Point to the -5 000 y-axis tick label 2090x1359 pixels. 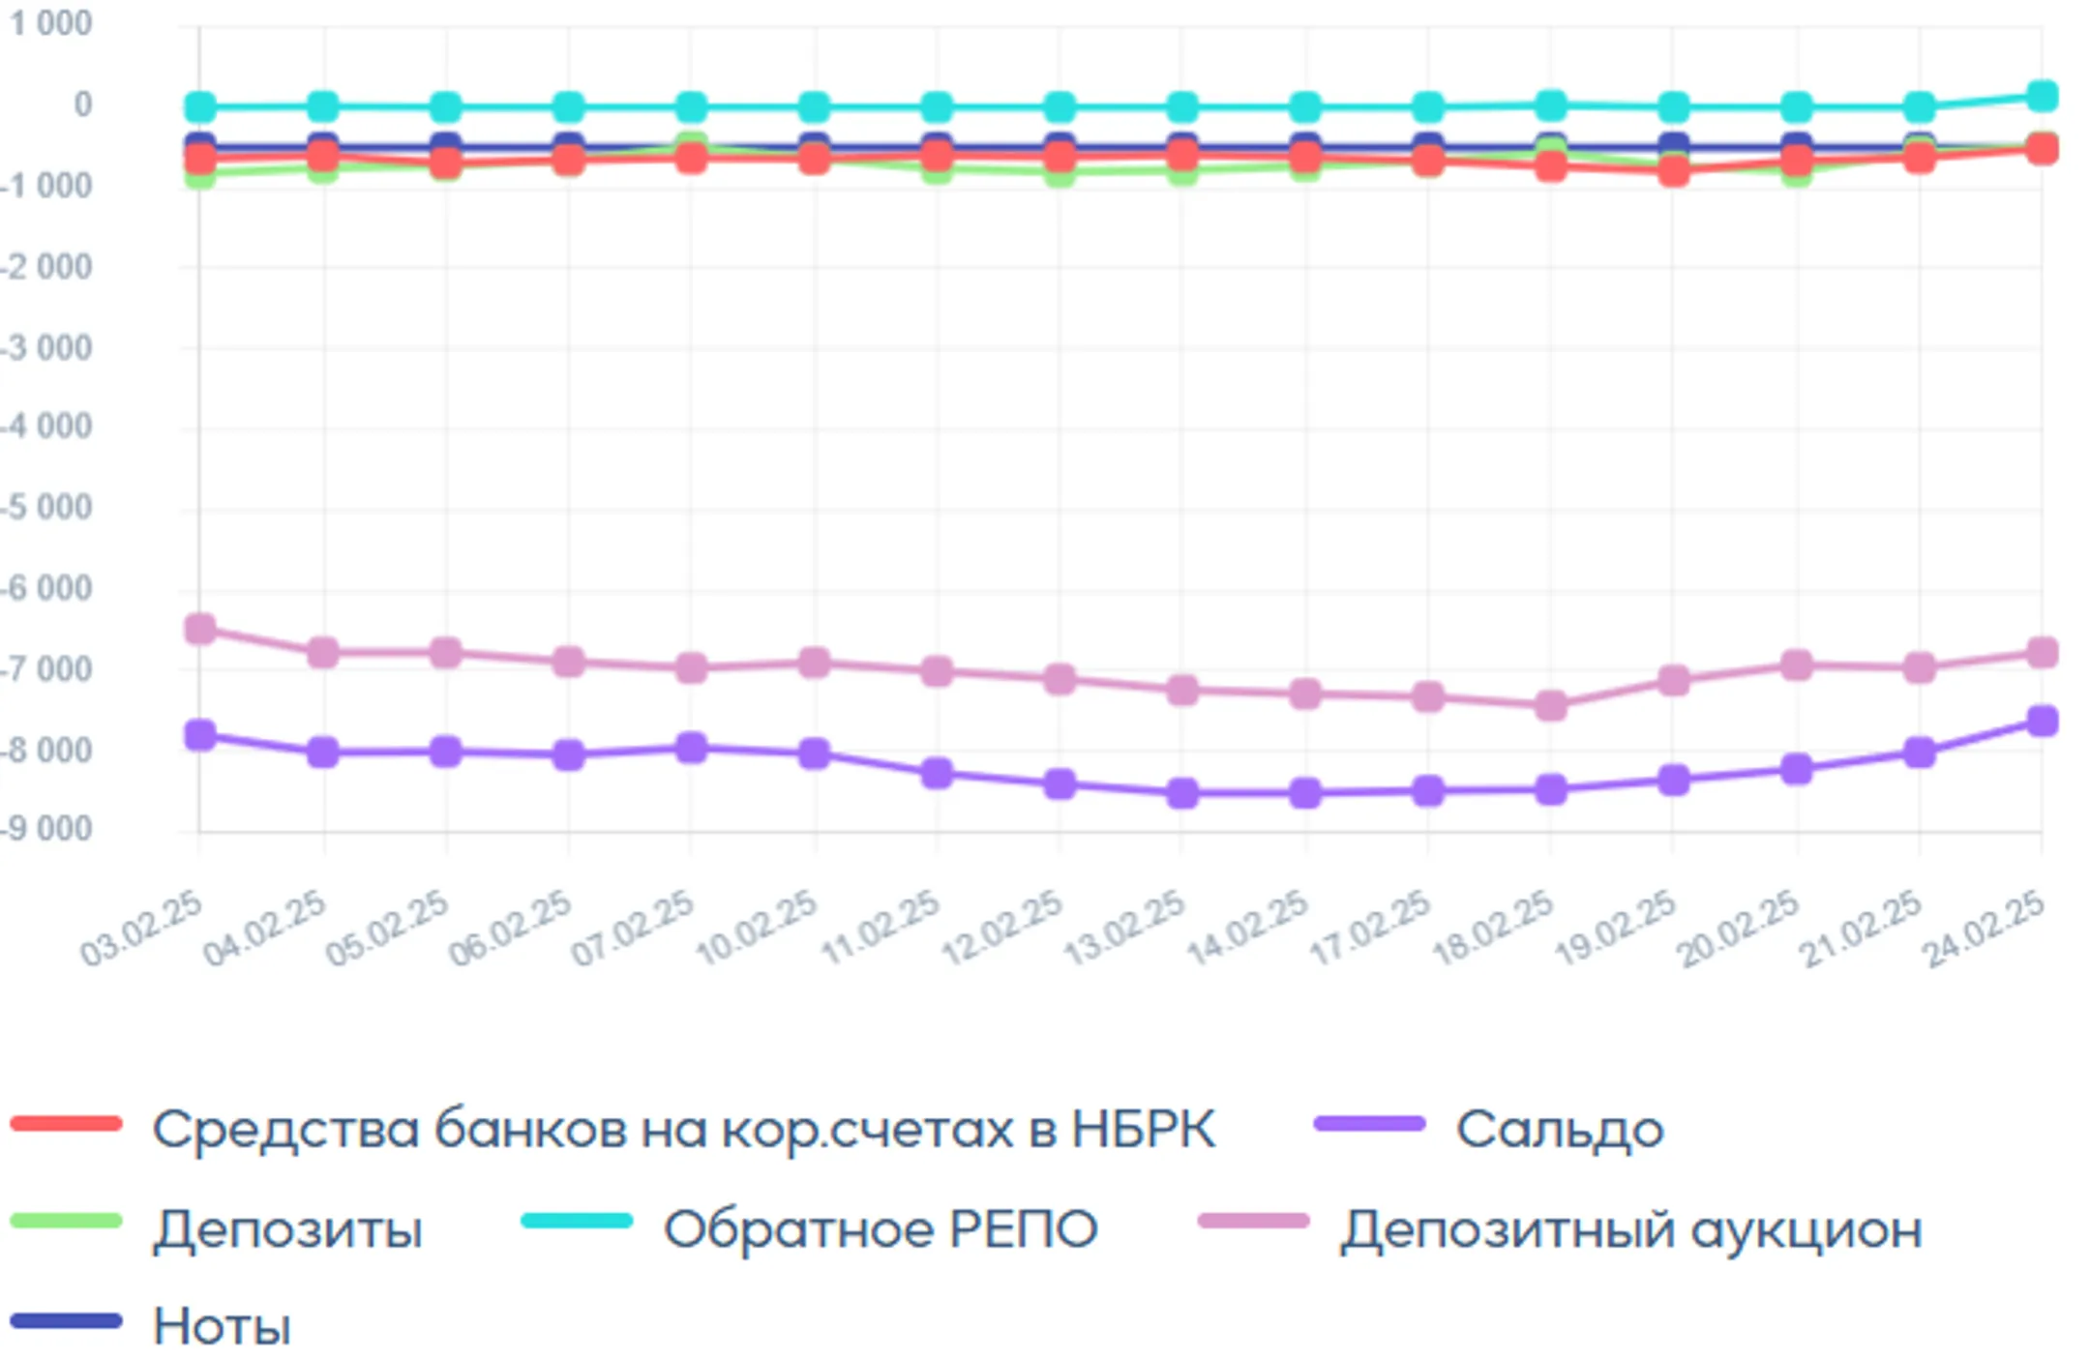[48, 507]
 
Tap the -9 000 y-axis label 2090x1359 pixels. [48, 829]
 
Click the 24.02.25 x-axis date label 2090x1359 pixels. [1984, 929]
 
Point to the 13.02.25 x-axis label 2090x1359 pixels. [1124, 929]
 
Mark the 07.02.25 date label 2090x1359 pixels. [633, 929]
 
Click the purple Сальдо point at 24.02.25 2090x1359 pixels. [2042, 721]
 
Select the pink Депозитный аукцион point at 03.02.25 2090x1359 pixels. [200, 630]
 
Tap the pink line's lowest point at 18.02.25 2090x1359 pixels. [1550, 705]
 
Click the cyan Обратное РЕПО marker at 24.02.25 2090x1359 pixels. [2042, 96]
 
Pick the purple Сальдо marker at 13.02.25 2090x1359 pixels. [1181, 794]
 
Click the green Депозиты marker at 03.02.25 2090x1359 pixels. [200, 174]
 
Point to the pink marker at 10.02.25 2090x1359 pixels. [814, 664]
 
